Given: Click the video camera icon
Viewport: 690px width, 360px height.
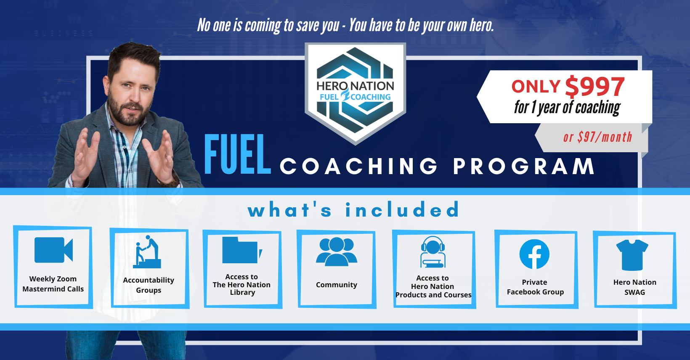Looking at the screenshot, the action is click(53, 250).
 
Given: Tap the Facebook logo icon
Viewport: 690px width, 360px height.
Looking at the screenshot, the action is click(534, 254).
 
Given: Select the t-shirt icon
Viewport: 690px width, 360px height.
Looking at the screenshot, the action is click(632, 255).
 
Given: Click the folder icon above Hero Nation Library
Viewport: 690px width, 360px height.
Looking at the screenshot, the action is click(242, 250).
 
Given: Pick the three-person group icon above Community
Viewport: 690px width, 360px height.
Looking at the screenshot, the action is click(337, 251).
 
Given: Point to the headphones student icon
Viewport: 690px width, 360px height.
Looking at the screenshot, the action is click(433, 252).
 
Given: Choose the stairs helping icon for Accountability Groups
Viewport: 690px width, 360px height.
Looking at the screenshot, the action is click(147, 251).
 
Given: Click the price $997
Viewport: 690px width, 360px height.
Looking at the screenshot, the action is click(595, 86).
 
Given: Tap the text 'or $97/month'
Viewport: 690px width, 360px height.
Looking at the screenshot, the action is click(597, 137).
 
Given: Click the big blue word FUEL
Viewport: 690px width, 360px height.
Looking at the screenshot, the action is click(237, 155).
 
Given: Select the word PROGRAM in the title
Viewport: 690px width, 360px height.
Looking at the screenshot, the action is click(524, 166).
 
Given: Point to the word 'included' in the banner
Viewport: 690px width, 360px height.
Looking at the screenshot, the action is click(402, 210).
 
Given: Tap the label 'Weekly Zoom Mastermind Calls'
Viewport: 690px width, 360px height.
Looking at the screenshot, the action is click(53, 283).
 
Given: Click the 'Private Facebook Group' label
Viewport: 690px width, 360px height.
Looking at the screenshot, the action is click(535, 287).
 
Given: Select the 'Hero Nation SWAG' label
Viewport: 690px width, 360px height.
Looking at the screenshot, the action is click(634, 287).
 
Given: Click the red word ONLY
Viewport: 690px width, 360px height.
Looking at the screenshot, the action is click(536, 86).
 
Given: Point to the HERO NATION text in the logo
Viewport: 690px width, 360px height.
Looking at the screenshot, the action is click(355, 86).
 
